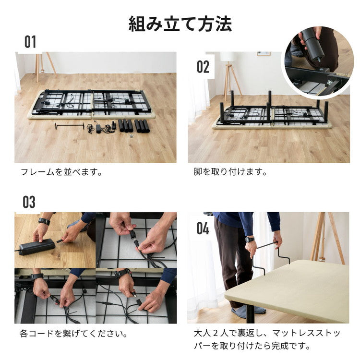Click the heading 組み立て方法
pyautogui.click(x=180, y=24)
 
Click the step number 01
pyautogui.click(x=30, y=42)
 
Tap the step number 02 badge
pyautogui.click(x=203, y=67)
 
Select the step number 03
pyautogui.click(x=29, y=202)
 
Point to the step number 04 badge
pyautogui.click(x=203, y=228)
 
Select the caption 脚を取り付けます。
pyautogui.click(x=230, y=171)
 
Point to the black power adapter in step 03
pyautogui.click(x=36, y=248)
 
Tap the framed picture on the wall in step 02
pyautogui.click(x=264, y=54)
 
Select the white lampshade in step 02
pyautogui.click(x=228, y=56)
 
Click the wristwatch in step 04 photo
pyautogui.click(x=250, y=239)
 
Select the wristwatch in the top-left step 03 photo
pyautogui.click(x=44, y=221)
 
